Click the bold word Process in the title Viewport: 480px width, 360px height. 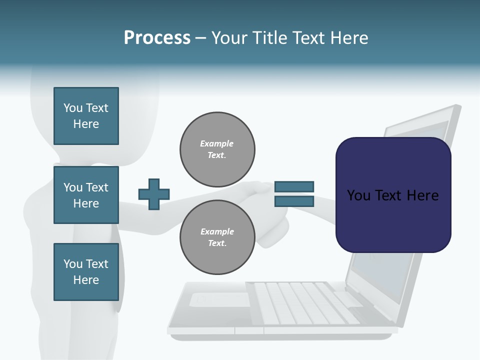(157, 38)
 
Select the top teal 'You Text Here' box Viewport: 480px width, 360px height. (86, 116)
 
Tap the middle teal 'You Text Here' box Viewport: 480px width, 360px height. (86, 195)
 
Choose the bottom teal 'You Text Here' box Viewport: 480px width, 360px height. (86, 272)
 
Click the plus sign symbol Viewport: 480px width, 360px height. (153, 194)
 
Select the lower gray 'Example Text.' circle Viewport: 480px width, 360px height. (217, 237)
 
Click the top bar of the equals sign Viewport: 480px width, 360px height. (294, 187)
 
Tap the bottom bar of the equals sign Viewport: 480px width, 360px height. (294, 201)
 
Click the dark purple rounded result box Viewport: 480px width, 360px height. (393, 195)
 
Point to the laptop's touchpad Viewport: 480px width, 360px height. (220, 299)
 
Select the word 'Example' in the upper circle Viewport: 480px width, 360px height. (216, 143)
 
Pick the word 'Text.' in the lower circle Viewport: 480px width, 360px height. (217, 243)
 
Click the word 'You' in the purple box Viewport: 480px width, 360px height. (358, 195)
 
